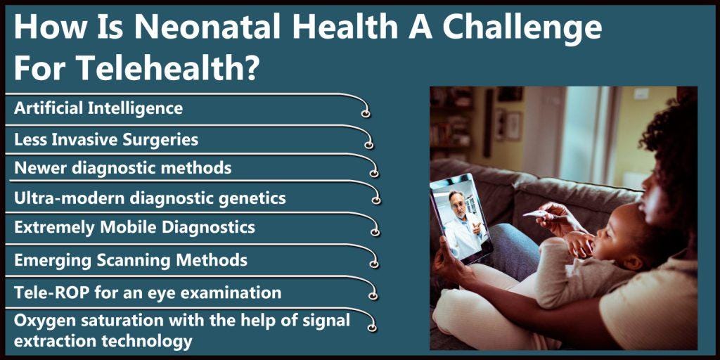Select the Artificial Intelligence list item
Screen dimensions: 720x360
click(98, 108)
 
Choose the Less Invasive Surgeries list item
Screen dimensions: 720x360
click(106, 140)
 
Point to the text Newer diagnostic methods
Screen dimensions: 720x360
click(122, 168)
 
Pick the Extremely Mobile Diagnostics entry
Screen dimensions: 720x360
click(134, 228)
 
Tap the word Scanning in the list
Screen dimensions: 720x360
click(135, 260)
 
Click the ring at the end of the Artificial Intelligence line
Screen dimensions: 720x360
click(366, 113)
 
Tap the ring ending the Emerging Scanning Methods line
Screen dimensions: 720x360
click(374, 264)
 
